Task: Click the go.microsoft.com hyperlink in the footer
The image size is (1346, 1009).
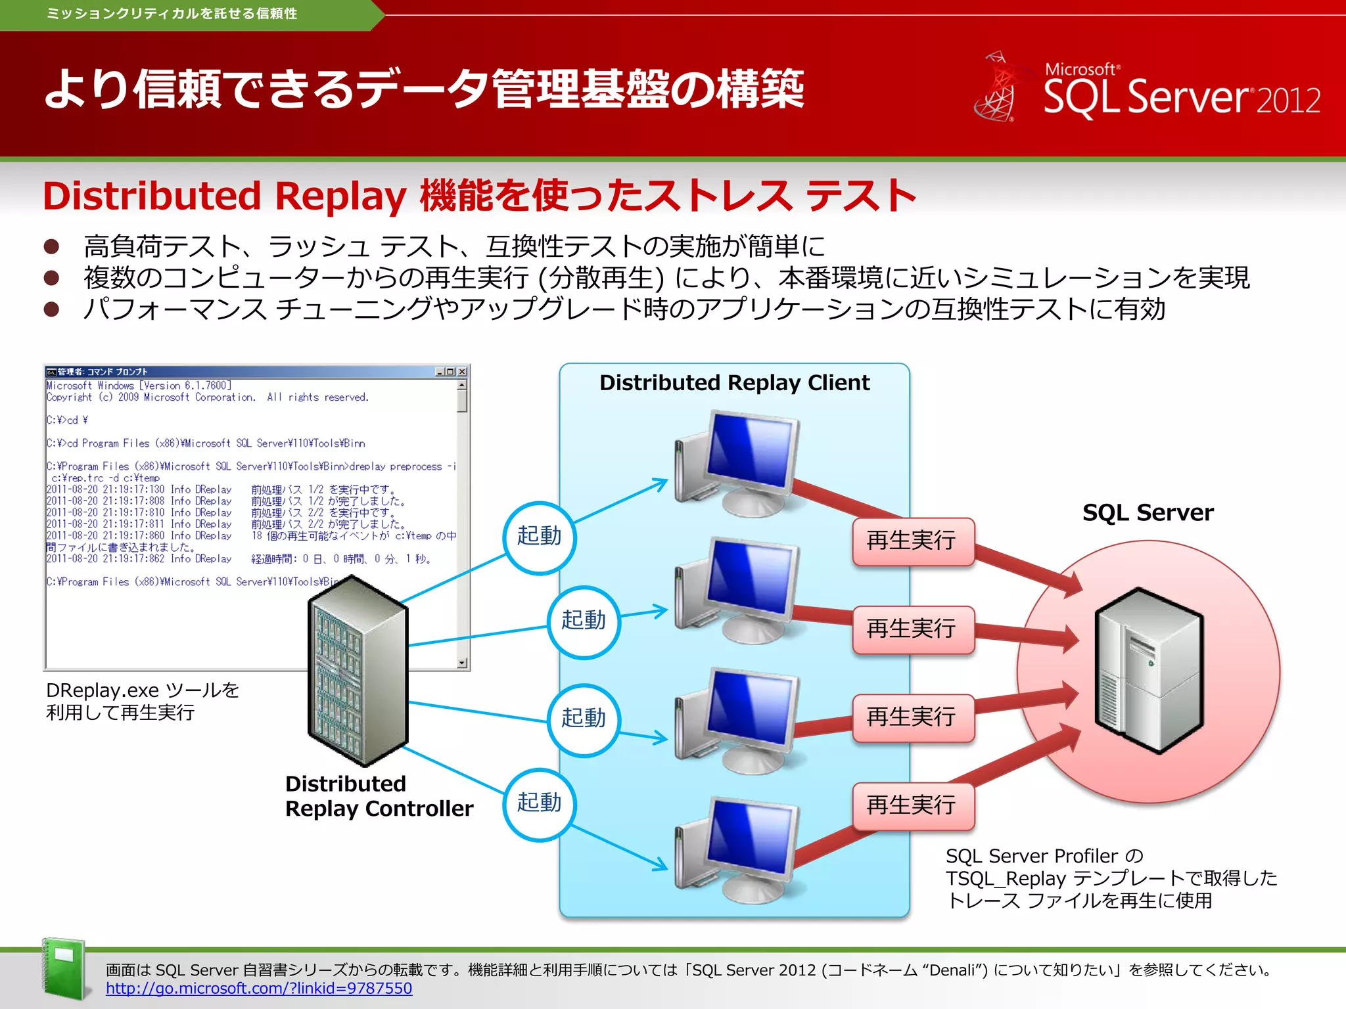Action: pos(259,988)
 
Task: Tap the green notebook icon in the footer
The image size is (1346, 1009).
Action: pos(64,968)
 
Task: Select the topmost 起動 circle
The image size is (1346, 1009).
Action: pos(540,537)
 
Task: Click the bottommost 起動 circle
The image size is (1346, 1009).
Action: pos(540,803)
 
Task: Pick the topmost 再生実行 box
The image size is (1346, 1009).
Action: pos(912,541)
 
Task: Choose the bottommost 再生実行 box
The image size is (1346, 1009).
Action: pos(912,805)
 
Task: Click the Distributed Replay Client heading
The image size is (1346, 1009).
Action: pos(734,383)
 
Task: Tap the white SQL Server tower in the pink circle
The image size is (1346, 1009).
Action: pos(1149,670)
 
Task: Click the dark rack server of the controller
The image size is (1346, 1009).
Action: pos(358,670)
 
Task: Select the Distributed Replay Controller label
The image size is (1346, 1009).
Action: pos(379,796)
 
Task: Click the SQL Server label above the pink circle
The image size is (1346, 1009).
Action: pos(1148,512)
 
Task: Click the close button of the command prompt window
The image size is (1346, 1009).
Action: pos(462,372)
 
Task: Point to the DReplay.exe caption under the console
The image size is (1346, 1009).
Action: pos(142,701)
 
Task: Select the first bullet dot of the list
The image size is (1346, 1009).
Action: pos(51,247)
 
